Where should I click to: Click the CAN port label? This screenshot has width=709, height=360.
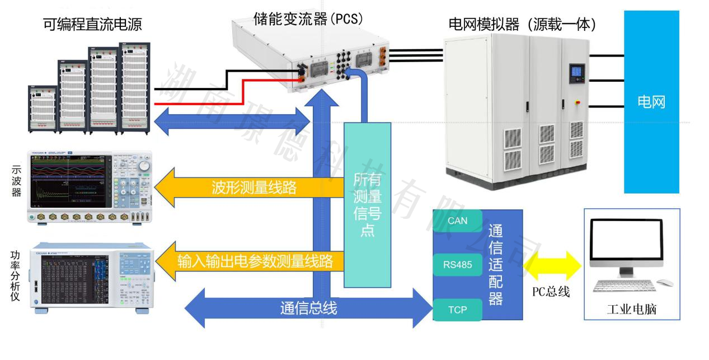(x=457, y=221)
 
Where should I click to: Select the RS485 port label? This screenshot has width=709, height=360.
(x=457, y=265)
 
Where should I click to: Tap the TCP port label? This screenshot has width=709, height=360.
(x=457, y=310)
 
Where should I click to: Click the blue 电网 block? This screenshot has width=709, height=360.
(x=651, y=102)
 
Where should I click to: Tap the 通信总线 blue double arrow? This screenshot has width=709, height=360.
(x=308, y=308)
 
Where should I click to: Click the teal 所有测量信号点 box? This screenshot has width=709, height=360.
(x=367, y=204)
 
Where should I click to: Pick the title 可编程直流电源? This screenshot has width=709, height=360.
(x=92, y=24)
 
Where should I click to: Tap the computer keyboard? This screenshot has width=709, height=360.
(x=622, y=286)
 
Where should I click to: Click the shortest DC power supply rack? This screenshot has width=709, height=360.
(x=43, y=109)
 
